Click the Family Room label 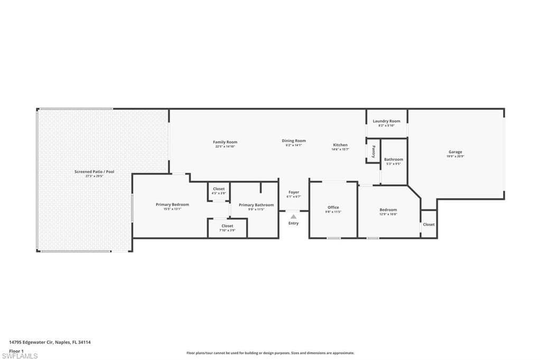pos(225,142)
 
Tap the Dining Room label pos(294,141)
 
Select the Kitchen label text pos(340,145)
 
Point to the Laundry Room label pos(387,121)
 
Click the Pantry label pos(374,152)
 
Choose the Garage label pos(455,152)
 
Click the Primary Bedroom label pos(172,204)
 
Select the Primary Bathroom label pos(256,205)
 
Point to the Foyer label pos(294,192)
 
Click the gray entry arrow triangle pos(293,215)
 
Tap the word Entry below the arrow pos(293,223)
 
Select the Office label pos(333,207)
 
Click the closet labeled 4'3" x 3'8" pos(219,191)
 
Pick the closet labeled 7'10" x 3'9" pos(227,228)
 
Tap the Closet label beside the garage pos(429,224)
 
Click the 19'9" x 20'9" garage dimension pos(455,156)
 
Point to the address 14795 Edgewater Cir pos(50,342)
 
